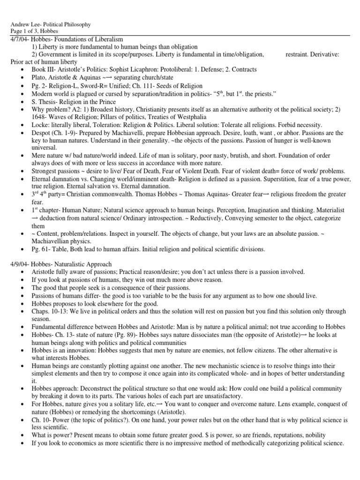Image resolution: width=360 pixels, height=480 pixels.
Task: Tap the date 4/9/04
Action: point(19,264)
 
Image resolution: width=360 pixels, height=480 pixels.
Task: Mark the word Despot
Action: point(41,134)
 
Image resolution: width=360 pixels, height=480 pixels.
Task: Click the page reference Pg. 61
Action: point(41,249)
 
